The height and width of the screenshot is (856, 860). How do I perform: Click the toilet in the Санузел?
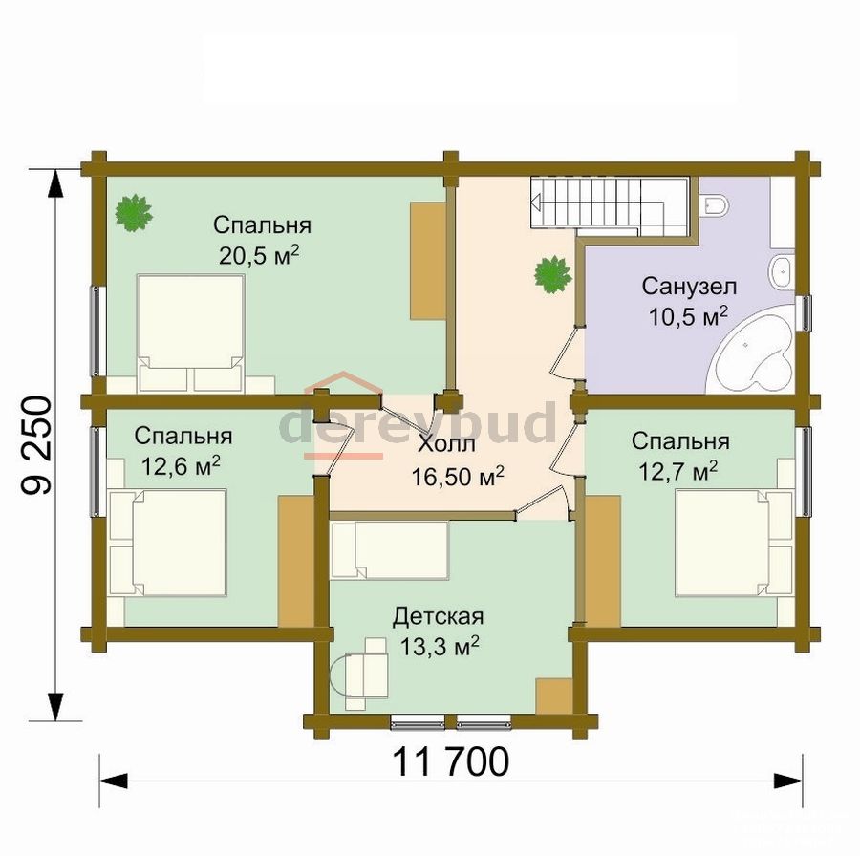[715, 205]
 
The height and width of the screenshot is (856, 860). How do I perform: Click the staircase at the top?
[610, 206]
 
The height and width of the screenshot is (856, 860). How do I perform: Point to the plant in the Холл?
[554, 274]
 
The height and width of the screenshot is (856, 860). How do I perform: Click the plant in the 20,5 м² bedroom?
[134, 213]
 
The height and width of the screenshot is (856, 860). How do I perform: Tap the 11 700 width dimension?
[451, 761]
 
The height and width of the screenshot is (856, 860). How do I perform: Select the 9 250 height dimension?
[37, 445]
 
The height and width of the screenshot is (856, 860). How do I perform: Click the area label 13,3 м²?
[439, 647]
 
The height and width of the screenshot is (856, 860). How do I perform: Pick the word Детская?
[439, 617]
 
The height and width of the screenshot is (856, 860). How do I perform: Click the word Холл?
[447, 445]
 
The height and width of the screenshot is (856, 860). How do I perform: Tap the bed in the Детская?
[390, 549]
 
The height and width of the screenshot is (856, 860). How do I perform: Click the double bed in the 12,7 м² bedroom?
[735, 543]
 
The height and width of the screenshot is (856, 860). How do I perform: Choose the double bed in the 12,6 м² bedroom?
[168, 543]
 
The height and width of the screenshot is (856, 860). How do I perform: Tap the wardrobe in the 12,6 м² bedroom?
[295, 561]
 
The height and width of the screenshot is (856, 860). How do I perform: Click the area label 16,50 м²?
[458, 477]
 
